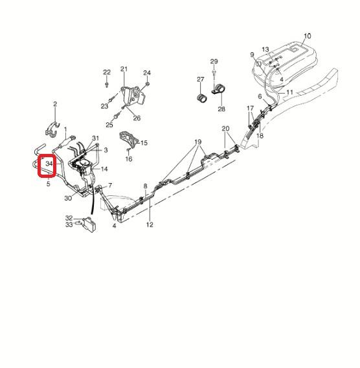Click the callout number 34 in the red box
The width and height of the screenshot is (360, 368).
(x=49, y=164)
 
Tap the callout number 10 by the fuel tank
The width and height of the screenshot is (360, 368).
(x=308, y=36)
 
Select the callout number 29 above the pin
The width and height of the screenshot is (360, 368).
(x=214, y=61)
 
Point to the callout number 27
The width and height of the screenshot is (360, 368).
(x=201, y=80)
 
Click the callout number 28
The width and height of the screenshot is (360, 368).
(x=221, y=109)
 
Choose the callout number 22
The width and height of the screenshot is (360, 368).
(x=107, y=72)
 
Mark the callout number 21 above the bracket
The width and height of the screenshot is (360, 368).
(x=124, y=69)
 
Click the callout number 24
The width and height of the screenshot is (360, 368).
(x=147, y=72)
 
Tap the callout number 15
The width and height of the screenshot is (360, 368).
(x=144, y=143)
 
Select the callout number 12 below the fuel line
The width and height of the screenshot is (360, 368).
(x=150, y=224)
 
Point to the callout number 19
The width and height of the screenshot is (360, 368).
(x=198, y=142)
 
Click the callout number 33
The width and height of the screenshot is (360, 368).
(x=69, y=224)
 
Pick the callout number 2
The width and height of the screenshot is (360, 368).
(x=55, y=103)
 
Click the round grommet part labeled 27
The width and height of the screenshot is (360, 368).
(x=201, y=98)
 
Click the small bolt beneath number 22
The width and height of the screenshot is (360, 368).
(x=107, y=84)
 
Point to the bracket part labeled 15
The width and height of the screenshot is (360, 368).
(x=128, y=140)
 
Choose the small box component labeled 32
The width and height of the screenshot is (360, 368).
(x=89, y=224)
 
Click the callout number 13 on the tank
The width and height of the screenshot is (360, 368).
(x=265, y=50)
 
